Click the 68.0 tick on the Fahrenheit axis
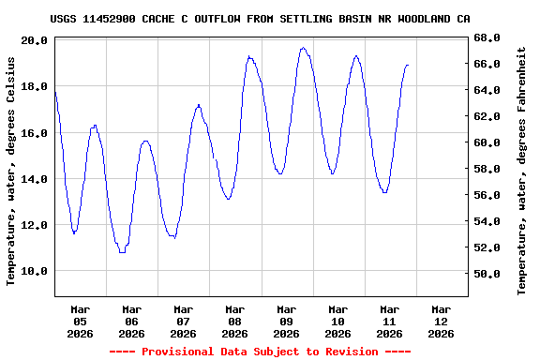pyautogui.click(x=487, y=37)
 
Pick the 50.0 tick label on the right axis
pyautogui.click(x=487, y=274)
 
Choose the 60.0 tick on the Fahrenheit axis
pyautogui.click(x=487, y=142)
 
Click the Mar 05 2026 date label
pyautogui.click(x=81, y=321)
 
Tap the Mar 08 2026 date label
pyautogui.click(x=234, y=321)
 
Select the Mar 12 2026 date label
pyautogui.click(x=441, y=321)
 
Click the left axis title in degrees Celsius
pyautogui.click(x=11, y=171)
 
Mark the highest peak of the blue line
pyautogui.click(x=303, y=48)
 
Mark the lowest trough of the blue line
pyautogui.click(x=122, y=251)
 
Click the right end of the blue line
pyautogui.click(x=408, y=65)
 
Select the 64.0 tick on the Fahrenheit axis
pyautogui.click(x=487, y=90)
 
